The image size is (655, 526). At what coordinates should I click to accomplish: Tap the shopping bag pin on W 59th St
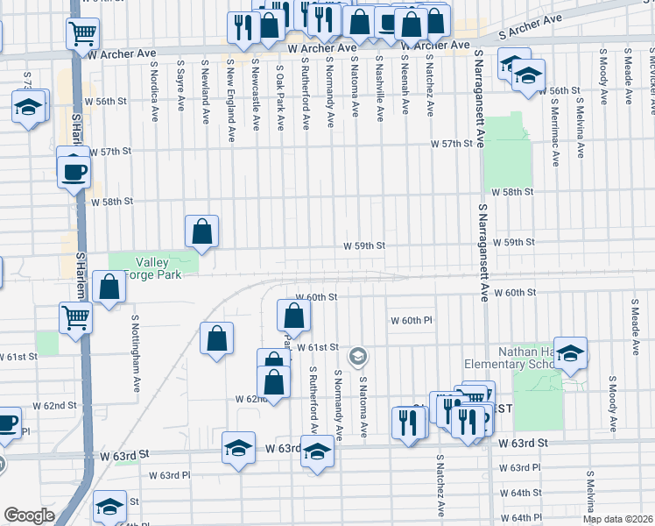click(x=201, y=232)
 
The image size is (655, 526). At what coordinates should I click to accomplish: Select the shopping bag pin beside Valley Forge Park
click(x=109, y=288)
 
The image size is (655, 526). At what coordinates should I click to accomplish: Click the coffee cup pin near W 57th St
click(x=74, y=171)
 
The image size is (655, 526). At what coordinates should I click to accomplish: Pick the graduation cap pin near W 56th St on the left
click(x=28, y=108)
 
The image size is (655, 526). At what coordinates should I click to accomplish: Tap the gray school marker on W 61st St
click(x=356, y=357)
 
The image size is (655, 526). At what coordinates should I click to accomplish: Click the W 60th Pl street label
click(x=412, y=320)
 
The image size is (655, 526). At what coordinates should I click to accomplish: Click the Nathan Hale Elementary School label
click(x=525, y=358)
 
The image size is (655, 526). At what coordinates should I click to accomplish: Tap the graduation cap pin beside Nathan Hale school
click(x=569, y=352)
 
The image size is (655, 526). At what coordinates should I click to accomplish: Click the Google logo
click(x=29, y=515)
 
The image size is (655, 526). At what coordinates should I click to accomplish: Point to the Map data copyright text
click(x=618, y=519)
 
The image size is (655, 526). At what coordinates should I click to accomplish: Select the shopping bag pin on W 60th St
click(x=294, y=316)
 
